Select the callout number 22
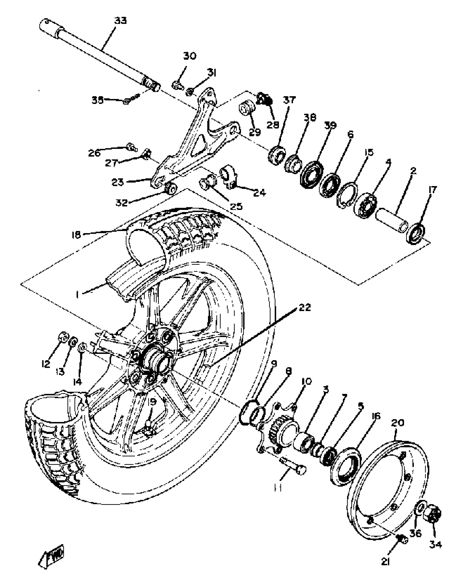305,308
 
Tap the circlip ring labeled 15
347,195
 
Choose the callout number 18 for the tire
76,235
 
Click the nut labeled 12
63,338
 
